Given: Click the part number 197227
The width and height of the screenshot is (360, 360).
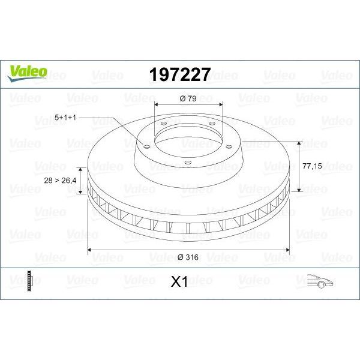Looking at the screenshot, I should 179,74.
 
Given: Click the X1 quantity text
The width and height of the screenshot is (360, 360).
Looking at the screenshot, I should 179,281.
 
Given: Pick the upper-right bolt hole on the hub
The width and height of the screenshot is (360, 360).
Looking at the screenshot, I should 212,124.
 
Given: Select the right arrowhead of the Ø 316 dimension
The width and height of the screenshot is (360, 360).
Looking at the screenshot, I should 287,249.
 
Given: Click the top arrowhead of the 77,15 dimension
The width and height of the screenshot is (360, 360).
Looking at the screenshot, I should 298,143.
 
